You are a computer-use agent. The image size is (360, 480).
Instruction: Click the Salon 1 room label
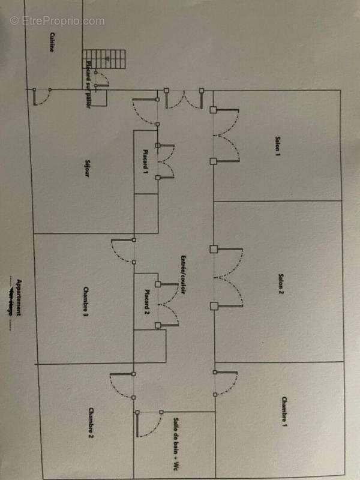pos(278,147)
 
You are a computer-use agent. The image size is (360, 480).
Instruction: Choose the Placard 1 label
pos(145,161)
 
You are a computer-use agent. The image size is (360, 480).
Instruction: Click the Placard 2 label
pos(146,301)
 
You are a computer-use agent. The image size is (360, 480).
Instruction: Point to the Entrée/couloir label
pos(179,275)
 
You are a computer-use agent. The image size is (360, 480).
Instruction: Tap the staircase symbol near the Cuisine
pos(106,59)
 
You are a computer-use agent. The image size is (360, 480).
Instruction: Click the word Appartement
pos(19,298)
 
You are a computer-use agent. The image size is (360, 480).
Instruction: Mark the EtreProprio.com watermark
pos(57,20)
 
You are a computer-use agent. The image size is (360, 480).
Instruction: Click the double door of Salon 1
pos(226,136)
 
